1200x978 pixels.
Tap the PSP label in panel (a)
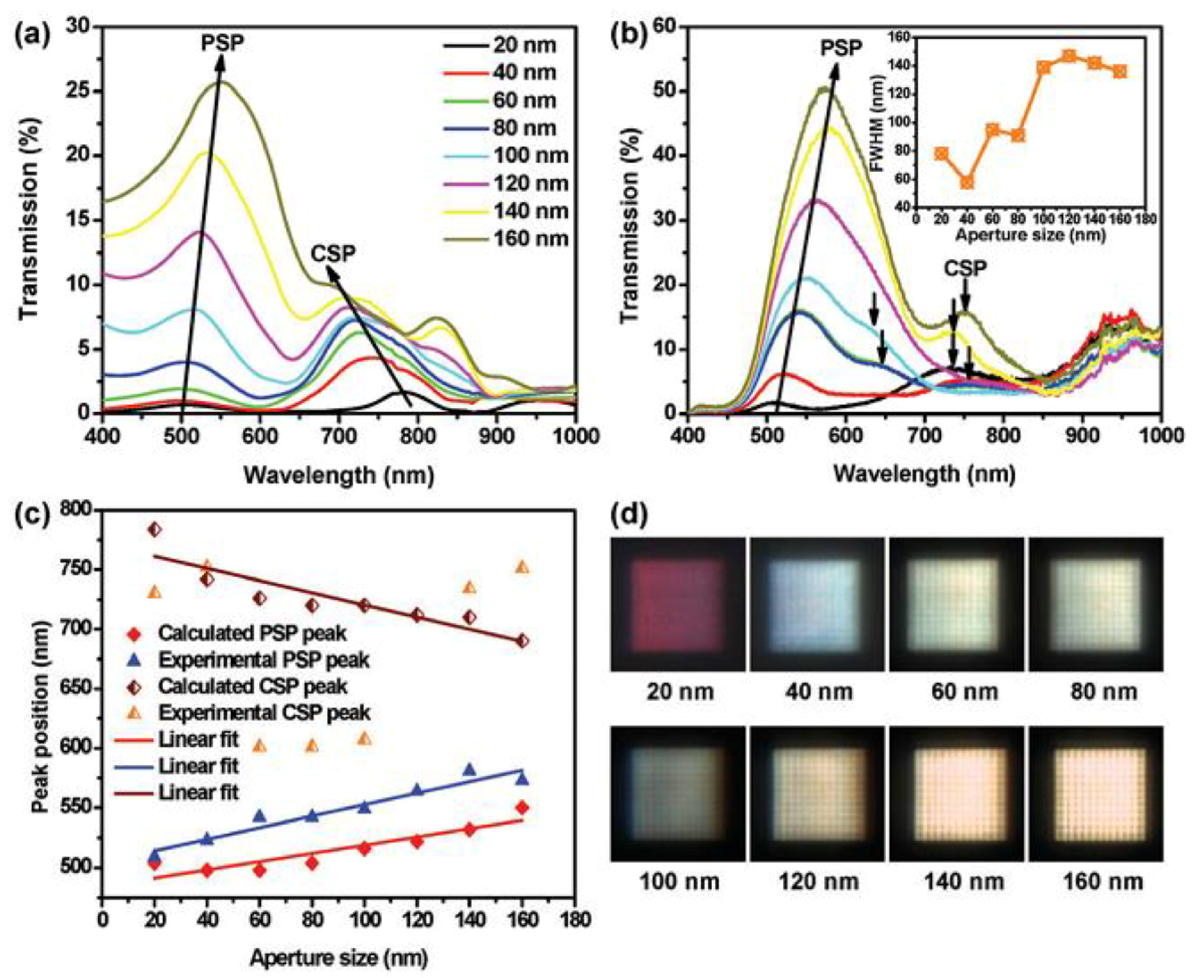222,43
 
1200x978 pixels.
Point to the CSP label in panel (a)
333,254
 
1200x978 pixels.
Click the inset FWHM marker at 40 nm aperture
967,183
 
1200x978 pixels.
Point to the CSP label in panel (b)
965,269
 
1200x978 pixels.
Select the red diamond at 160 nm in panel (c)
522,808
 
